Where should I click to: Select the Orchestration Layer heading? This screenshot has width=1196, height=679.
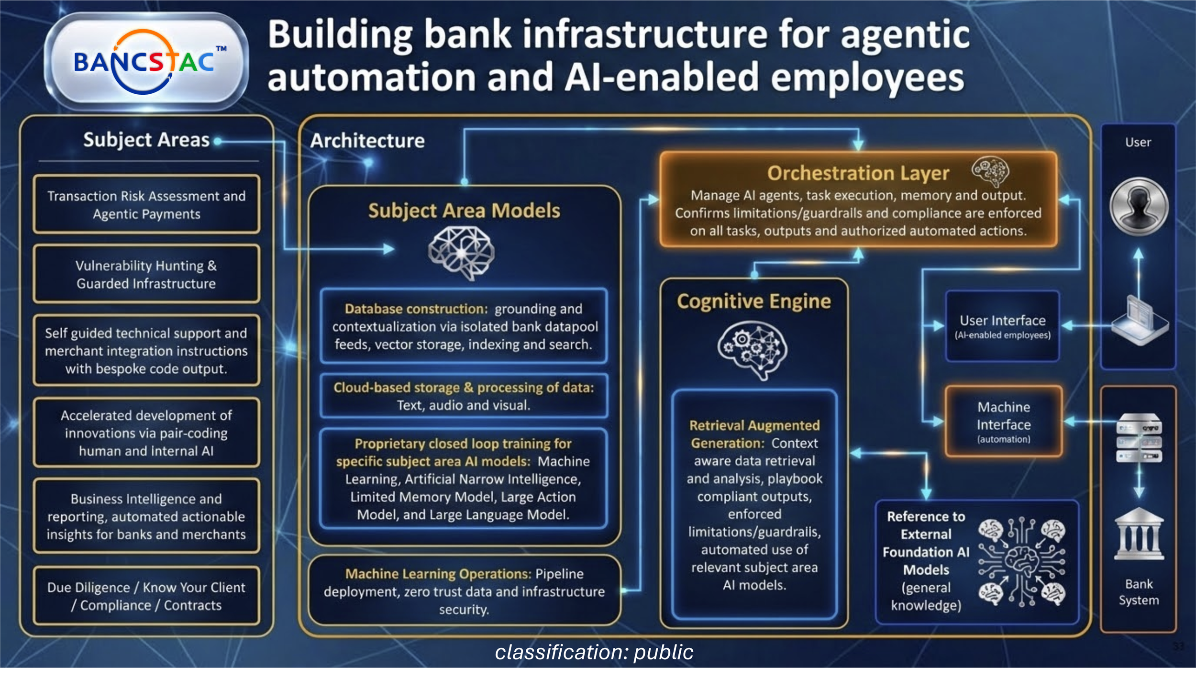pyautogui.click(x=858, y=173)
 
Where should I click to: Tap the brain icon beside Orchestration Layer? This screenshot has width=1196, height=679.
pyautogui.click(x=990, y=171)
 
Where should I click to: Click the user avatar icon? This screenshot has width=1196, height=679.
pyautogui.click(x=1139, y=206)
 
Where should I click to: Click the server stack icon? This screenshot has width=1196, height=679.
pyautogui.click(x=1139, y=437)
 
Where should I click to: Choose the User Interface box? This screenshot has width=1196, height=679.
pyautogui.click(x=1002, y=326)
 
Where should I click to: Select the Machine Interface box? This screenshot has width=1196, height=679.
pyautogui.click(x=1003, y=422)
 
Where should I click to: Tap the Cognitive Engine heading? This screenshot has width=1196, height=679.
pyautogui.click(x=753, y=301)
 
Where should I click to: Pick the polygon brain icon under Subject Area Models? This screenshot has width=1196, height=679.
pyautogui.click(x=461, y=252)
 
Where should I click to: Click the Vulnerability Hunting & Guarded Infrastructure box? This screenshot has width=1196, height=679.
pyautogui.click(x=146, y=274)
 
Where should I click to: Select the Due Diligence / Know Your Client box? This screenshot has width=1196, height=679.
pyautogui.click(x=146, y=596)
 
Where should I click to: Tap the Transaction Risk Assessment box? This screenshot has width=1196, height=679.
pyautogui.click(x=146, y=205)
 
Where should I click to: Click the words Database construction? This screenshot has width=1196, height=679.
pyautogui.click(x=415, y=309)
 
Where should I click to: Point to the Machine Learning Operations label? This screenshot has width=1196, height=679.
pyautogui.click(x=438, y=574)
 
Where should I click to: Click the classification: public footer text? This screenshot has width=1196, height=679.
pyautogui.click(x=594, y=652)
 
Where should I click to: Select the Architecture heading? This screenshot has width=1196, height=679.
pyautogui.click(x=367, y=141)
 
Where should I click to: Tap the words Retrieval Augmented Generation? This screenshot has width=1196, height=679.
pyautogui.click(x=754, y=434)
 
